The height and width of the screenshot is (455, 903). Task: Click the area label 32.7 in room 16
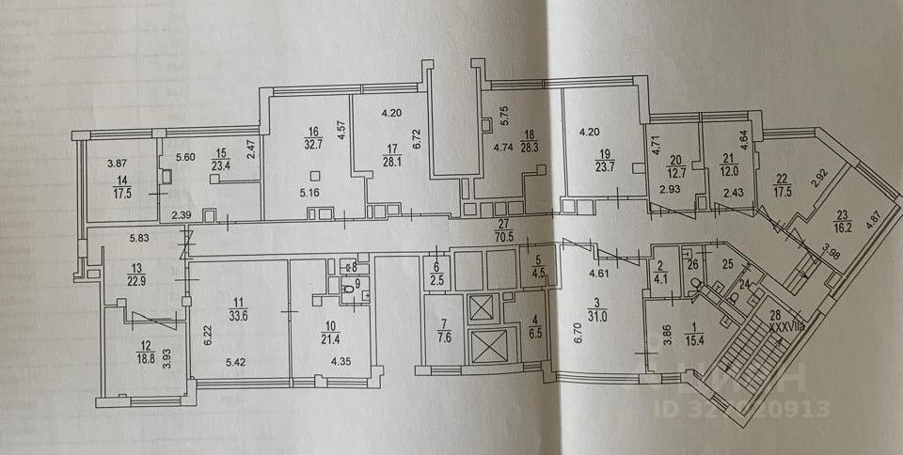309,146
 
